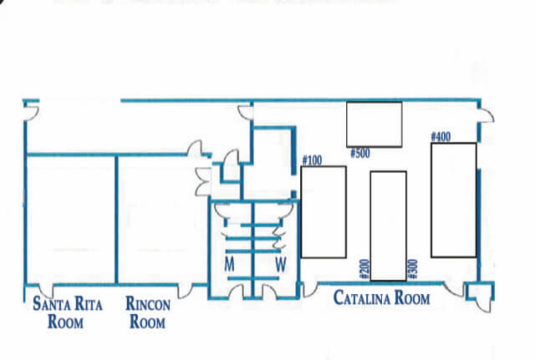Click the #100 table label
(312, 160)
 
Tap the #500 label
(360, 154)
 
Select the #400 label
(441, 137)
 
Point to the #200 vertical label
(364, 269)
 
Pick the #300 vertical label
(412, 269)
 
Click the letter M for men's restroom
(230, 264)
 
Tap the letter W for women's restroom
(281, 264)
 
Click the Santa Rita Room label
(67, 312)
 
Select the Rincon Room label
(148, 312)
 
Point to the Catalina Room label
(381, 297)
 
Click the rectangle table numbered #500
(374, 124)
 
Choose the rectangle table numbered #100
(324, 212)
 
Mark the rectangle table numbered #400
(454, 200)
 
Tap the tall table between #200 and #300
(388, 226)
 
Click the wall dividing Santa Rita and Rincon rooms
(116, 220)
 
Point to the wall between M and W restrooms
(252, 250)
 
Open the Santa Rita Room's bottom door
(45, 291)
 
